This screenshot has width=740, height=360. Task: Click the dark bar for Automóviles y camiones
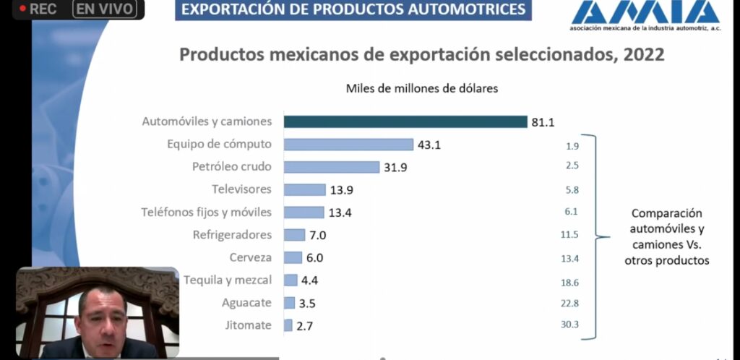(405, 121)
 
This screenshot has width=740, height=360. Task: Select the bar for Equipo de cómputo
(348, 144)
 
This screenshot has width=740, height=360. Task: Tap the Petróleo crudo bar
(331, 167)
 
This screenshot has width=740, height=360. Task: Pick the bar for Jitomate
(288, 325)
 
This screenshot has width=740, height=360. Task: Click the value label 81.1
(543, 122)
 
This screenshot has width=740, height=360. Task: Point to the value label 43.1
(429, 145)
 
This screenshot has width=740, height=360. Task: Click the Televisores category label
(241, 189)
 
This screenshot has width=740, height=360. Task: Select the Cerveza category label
(251, 257)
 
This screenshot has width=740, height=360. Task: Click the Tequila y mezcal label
(228, 280)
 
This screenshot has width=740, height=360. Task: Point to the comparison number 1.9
(572, 145)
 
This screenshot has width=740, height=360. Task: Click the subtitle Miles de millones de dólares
(422, 89)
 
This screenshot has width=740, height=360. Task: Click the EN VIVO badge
(108, 9)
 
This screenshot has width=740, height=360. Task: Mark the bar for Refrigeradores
(294, 235)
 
